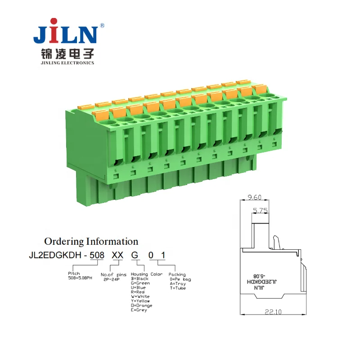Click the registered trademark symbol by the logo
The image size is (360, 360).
coord(102,26)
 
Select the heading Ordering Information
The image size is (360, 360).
coord(91,242)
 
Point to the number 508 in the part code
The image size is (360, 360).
coord(97,255)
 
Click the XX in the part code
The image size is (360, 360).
coord(117,255)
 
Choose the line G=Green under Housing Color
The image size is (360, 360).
coord(140,283)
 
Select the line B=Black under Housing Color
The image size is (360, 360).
coord(140,279)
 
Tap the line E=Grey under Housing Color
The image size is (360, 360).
coord(139,310)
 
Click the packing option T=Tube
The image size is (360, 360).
coord(177,288)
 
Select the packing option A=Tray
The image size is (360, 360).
coord(177,283)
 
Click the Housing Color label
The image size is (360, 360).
coord(147,274)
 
